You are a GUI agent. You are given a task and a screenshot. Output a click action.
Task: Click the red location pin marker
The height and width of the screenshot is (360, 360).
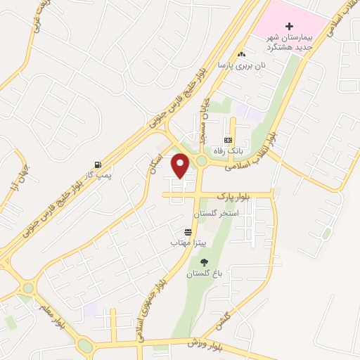pos(181,165)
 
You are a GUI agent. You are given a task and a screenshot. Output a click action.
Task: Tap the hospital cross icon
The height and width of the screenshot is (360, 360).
pos(289,25)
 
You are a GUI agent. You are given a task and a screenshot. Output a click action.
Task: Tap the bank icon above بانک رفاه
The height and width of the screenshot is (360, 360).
pos(228,141)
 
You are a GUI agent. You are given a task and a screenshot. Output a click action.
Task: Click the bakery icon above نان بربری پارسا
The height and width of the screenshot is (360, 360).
pos(242,54)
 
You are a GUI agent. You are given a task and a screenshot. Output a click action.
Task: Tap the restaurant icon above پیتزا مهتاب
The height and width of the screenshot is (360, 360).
pos(188,231)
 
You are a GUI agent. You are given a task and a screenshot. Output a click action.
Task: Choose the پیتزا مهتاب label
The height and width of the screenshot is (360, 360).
pos(186,242)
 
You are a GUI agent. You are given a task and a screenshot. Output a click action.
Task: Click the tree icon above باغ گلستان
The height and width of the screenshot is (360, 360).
pos(205,262)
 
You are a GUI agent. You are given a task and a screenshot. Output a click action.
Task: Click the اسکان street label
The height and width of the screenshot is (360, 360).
pos(155,164)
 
